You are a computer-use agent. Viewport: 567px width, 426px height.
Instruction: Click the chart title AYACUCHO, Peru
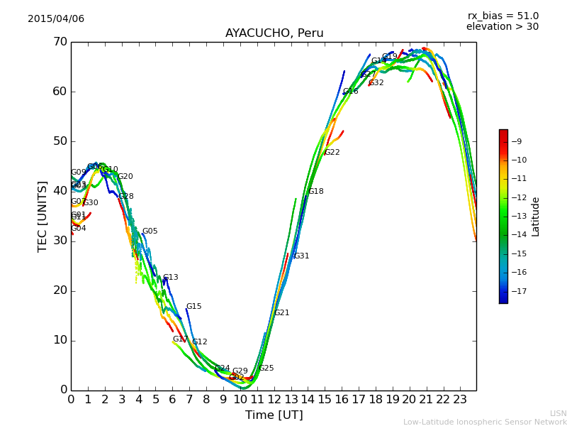[274, 33]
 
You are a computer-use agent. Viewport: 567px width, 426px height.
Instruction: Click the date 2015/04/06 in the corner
[56, 18]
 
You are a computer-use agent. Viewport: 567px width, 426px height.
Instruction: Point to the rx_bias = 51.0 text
[503, 16]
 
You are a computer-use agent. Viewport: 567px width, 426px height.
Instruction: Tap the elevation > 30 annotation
[502, 27]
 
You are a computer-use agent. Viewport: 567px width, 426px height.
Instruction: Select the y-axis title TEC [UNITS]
[43, 216]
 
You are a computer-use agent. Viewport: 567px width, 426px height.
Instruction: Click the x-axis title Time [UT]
[274, 415]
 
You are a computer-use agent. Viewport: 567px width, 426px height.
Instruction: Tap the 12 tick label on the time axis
[274, 400]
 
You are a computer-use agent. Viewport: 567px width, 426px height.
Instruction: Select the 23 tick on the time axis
[459, 400]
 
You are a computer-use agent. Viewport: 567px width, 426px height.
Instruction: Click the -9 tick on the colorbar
[518, 141]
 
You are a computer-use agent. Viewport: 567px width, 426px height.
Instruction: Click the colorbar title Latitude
[536, 217]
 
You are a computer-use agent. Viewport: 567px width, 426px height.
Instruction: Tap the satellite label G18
[315, 192]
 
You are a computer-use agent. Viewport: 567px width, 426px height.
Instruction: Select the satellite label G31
[301, 256]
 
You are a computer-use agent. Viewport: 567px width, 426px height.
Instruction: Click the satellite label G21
[281, 313]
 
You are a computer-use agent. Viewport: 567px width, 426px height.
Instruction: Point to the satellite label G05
[150, 231]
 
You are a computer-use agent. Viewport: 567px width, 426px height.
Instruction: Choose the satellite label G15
[193, 307]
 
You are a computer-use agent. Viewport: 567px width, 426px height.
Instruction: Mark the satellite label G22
[332, 153]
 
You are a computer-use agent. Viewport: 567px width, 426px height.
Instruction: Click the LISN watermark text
[558, 413]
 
